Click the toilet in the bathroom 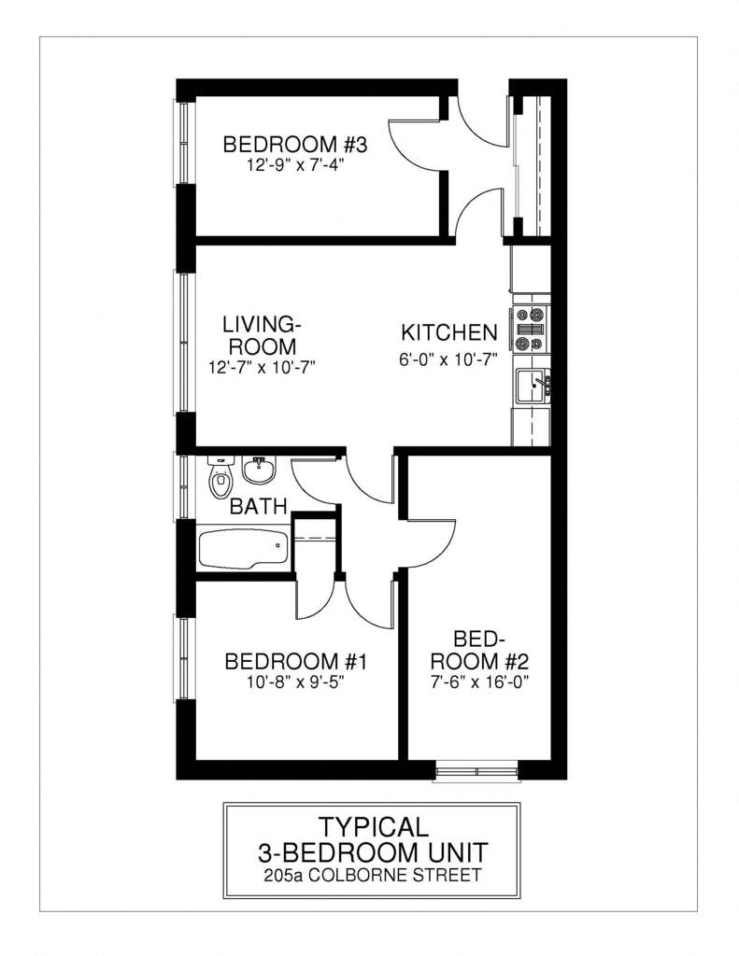point(220,478)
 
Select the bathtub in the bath point(244,548)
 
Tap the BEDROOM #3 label point(295,145)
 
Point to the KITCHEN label point(448,332)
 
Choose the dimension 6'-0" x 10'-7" point(448,356)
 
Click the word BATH point(257,507)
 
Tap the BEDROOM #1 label point(295,662)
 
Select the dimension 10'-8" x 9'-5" point(295,682)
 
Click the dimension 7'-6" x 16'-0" point(478,682)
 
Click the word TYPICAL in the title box point(372,826)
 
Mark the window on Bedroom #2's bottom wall point(476,772)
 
